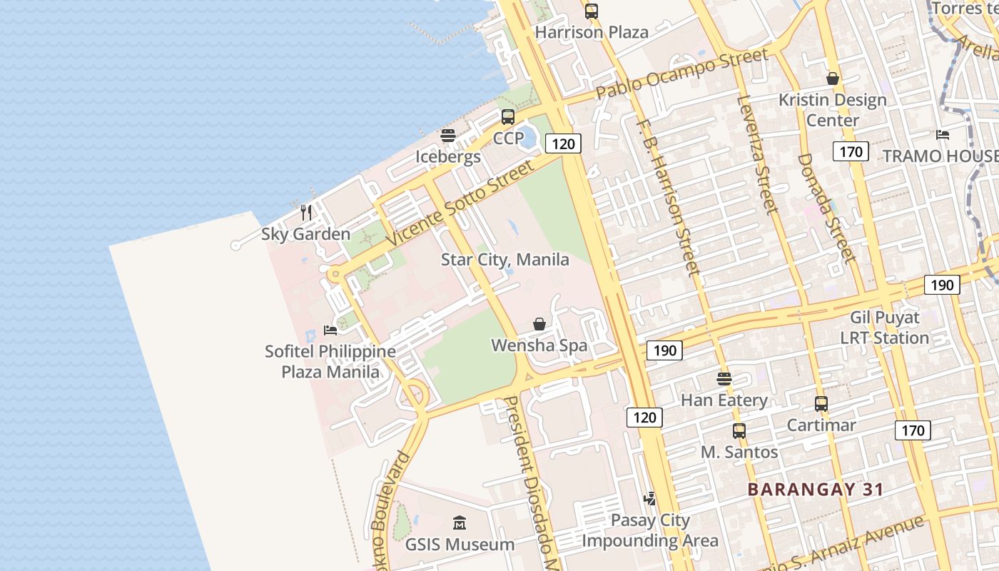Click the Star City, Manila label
click(504, 260)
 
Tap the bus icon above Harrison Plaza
click(592, 11)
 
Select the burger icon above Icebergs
click(448, 136)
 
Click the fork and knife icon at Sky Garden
click(306, 212)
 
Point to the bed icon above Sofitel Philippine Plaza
click(330, 330)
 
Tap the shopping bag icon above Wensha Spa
click(539, 324)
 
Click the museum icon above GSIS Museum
click(460, 523)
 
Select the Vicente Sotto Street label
click(460, 203)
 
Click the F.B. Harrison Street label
click(668, 196)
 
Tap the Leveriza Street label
click(758, 153)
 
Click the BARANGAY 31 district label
click(816, 490)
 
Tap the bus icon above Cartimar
click(821, 404)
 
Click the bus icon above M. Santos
click(739, 431)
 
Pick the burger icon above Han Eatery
click(724, 379)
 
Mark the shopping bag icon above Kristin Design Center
click(832, 79)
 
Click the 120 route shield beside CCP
click(563, 144)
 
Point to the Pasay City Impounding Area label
click(650, 530)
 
